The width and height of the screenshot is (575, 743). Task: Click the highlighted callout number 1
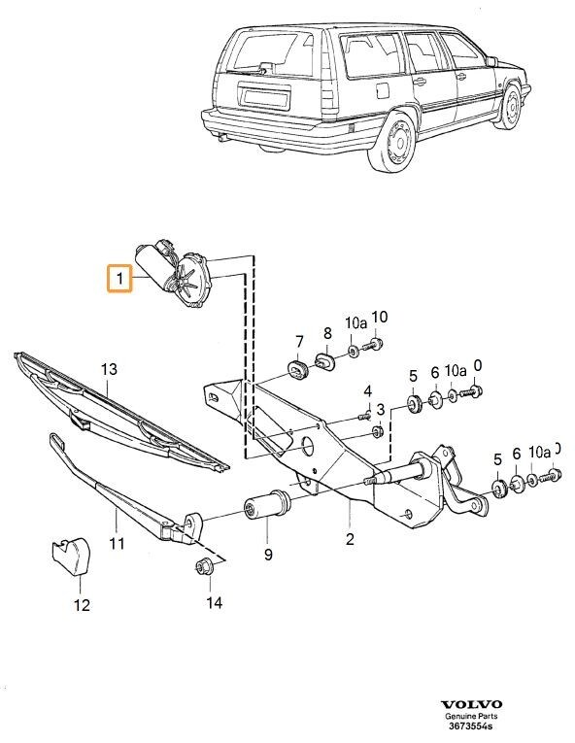[118, 280]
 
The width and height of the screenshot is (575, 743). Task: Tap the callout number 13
[109, 369]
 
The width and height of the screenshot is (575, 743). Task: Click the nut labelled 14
[205, 569]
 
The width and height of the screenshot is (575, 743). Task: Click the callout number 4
[367, 390]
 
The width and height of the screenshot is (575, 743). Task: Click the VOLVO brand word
[472, 704]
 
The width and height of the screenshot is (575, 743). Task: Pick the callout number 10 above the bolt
[379, 317]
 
